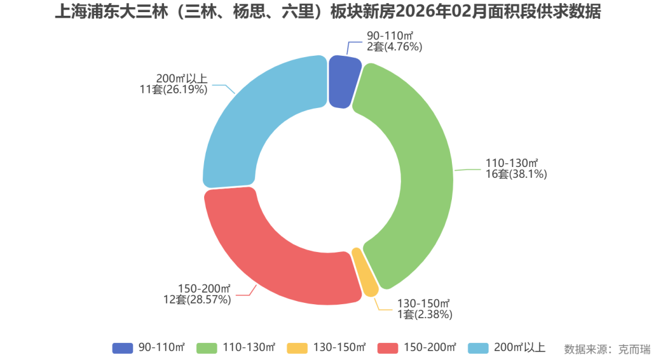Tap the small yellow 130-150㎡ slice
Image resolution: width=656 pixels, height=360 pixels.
365,272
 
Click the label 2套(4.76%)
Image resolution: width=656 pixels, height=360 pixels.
394,47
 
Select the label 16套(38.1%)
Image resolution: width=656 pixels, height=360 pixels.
515,175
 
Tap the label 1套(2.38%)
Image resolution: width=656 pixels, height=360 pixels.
424,314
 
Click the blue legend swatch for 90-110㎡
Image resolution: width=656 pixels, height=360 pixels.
123,348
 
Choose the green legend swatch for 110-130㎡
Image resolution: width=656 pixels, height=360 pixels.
207,348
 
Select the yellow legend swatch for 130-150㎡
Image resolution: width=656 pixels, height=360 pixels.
298,348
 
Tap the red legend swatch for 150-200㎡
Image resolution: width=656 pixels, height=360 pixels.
388,348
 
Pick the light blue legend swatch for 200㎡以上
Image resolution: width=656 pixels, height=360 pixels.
478,348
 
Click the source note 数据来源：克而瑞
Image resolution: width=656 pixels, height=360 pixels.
607,349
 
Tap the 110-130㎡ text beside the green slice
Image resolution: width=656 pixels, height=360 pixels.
512,163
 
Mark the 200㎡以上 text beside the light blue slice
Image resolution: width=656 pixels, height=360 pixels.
182,78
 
